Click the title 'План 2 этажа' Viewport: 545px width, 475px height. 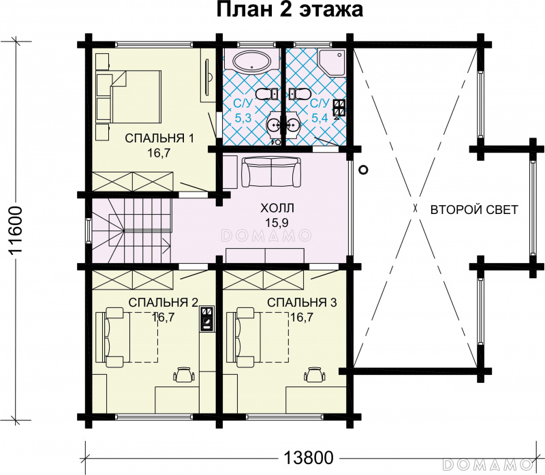coord(290,10)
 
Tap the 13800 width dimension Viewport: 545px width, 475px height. coord(309,457)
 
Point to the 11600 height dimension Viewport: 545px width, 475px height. coord(16,231)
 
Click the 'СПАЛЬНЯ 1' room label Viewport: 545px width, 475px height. coord(159,138)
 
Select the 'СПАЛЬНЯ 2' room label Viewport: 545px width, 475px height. coord(163,302)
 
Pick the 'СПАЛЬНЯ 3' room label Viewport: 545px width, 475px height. coord(302,302)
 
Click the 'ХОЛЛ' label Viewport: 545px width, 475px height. coord(277,208)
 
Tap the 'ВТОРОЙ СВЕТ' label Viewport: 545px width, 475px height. coord(474,210)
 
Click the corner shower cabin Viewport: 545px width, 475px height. coord(332,62)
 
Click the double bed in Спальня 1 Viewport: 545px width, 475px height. coord(136,97)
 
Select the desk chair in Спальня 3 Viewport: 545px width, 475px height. coord(315,374)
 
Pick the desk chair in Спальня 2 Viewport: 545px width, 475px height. coord(184,374)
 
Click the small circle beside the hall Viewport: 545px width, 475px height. coord(363,170)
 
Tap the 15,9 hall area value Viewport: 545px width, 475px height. coord(277,223)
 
